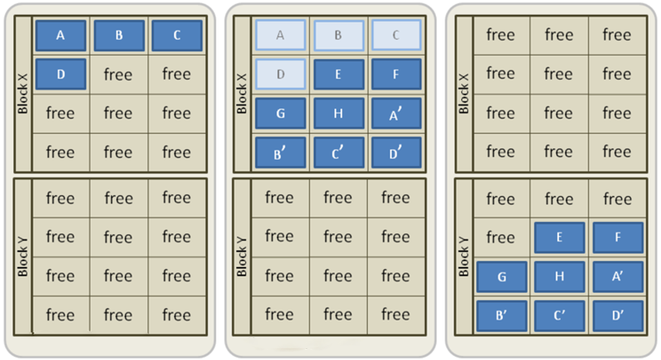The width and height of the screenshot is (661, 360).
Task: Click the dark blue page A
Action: pos(61,35)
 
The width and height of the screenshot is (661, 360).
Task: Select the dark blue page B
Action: pos(119,35)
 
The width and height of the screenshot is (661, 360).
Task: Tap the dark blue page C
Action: pos(176,35)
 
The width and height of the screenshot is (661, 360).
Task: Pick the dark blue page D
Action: pos(61,74)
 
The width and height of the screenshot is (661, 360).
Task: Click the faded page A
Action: pos(280,35)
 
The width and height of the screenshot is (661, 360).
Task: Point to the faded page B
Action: pos(338,35)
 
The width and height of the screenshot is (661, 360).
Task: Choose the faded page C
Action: pos(396,35)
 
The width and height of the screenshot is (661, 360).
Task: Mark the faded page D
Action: pos(280,74)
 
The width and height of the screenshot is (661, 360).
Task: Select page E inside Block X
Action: pos(338,74)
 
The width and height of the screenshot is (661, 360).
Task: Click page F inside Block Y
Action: pos(618,237)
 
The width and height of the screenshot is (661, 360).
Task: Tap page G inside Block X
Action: pos(280,113)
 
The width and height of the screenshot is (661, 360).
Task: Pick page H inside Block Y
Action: pos(559,276)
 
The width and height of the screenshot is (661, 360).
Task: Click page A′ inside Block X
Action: pos(396,113)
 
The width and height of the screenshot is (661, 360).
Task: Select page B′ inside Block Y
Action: pos(501,315)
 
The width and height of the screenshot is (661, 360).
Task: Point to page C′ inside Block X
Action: pos(338,152)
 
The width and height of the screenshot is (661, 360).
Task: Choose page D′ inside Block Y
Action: pos(618,315)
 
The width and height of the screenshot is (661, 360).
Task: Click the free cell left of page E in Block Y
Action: pos(501,237)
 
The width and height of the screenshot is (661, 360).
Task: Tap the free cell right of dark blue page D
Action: pos(119,74)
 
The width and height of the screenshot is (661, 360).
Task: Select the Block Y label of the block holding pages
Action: pos(464,257)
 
